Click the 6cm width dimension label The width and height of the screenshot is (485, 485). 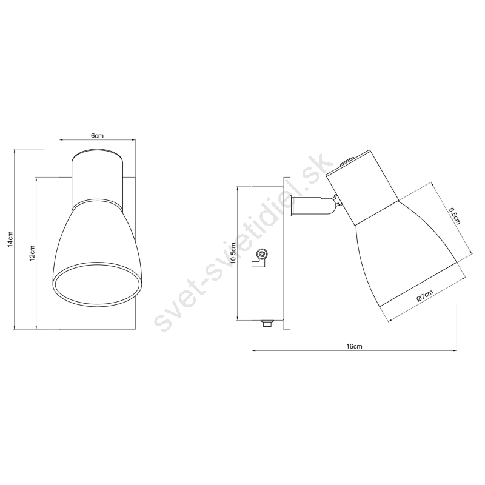97,135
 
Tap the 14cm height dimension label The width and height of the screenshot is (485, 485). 10,239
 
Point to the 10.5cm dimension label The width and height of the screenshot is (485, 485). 233,253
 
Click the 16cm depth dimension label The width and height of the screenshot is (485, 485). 354,346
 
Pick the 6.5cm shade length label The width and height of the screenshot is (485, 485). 455,216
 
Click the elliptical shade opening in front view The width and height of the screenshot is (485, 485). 97,285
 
